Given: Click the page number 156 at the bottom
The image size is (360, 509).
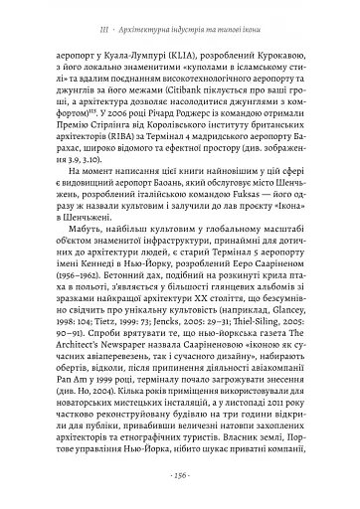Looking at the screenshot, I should coord(180,474).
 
